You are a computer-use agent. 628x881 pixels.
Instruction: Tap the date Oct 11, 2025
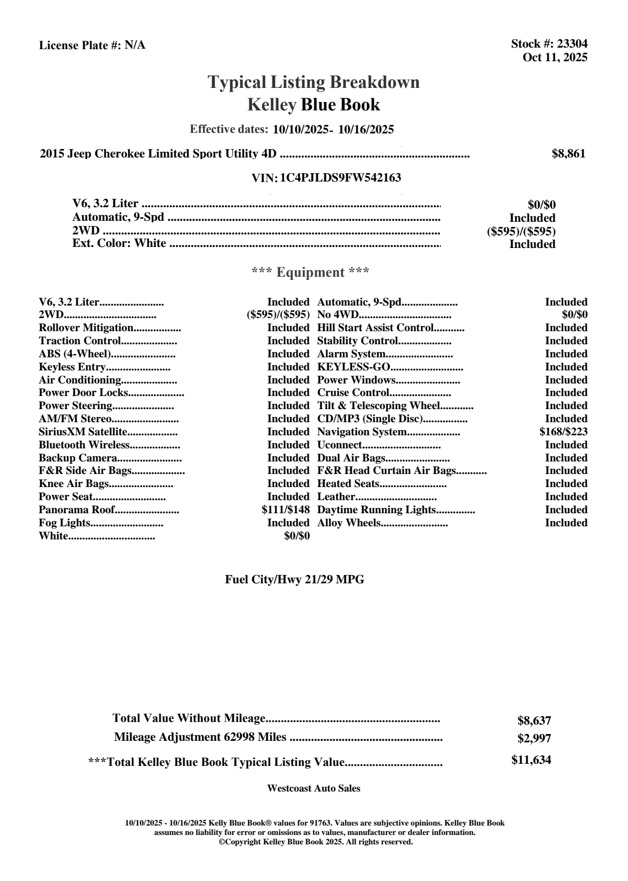(555, 58)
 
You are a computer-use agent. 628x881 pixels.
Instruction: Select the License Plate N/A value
(135, 46)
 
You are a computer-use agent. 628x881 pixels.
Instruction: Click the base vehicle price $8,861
(568, 154)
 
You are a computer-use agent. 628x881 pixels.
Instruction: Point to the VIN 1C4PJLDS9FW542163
(340, 178)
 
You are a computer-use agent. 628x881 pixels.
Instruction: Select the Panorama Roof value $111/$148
(286, 510)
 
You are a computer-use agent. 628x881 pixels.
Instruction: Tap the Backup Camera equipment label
(77, 458)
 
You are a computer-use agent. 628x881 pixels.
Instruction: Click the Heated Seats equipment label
(348, 484)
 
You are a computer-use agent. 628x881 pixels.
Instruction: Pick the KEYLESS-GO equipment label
(354, 367)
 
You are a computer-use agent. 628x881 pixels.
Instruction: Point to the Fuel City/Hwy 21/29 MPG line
(294, 580)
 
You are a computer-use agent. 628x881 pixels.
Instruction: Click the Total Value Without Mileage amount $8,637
(534, 721)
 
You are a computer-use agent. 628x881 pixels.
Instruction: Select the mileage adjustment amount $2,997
(534, 739)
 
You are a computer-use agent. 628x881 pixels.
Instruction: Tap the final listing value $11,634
(531, 760)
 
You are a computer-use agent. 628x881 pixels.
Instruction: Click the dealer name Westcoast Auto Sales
(313, 788)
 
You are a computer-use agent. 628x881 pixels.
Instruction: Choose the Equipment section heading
(310, 273)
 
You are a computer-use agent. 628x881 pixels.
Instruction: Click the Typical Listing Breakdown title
(313, 82)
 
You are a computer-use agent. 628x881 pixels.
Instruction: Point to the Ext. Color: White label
(119, 243)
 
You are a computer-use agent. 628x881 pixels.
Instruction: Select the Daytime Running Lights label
(376, 510)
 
